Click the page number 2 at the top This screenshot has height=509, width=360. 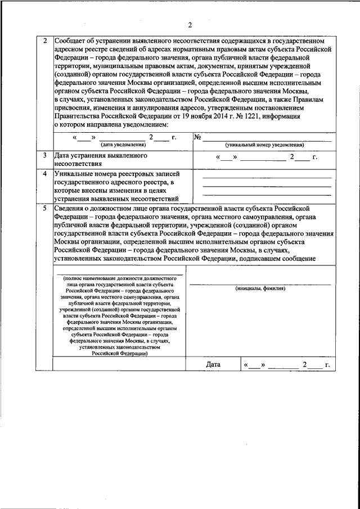(190, 25)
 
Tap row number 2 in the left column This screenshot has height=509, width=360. (44, 41)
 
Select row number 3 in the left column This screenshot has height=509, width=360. (44, 154)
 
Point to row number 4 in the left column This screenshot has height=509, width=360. (44, 174)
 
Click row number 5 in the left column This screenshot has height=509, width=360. (44, 208)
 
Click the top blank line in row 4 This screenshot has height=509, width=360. (267, 177)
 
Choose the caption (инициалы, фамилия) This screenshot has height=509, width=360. (260, 288)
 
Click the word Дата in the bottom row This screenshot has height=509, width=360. (213, 364)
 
